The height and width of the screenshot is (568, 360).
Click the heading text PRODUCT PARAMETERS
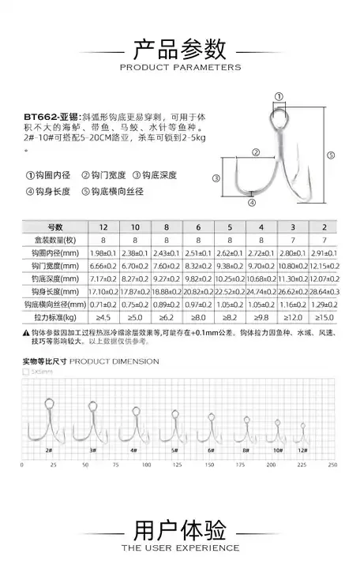(180, 68)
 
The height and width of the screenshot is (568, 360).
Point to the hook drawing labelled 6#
(211, 431)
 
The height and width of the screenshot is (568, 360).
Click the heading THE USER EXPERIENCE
(180, 547)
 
